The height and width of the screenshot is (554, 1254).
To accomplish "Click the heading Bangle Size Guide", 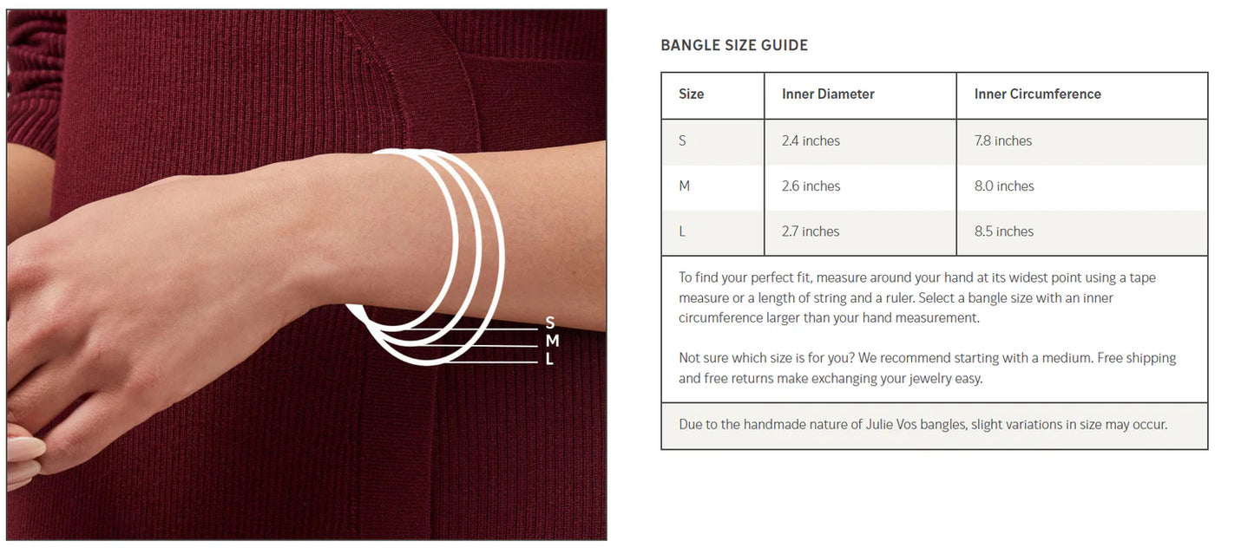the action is [734, 45].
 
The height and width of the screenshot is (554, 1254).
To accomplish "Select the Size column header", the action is [691, 94].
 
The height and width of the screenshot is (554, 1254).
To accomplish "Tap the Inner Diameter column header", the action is [828, 94].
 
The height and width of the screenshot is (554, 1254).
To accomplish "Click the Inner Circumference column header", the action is [1037, 94].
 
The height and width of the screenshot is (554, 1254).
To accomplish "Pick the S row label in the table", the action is [682, 140].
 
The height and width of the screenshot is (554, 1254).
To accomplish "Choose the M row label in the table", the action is [684, 186].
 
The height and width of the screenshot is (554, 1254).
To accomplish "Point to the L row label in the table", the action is [682, 231].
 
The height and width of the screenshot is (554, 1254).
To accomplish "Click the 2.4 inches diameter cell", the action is [811, 140].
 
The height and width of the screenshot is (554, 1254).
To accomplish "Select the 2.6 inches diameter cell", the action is [811, 186].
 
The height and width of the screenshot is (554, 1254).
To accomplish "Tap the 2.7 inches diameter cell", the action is [810, 231].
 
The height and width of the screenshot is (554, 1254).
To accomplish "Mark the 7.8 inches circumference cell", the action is [1002, 140].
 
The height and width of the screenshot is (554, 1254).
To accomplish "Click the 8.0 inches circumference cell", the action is [1004, 186].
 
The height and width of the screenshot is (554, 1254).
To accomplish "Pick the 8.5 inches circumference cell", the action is [1004, 231].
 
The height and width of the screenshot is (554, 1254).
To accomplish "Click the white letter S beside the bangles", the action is [549, 323].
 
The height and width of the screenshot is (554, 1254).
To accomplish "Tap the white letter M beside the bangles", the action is [552, 341].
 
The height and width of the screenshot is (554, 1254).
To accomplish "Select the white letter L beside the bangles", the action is [549, 358].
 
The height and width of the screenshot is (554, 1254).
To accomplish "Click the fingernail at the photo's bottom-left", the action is [25, 448].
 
